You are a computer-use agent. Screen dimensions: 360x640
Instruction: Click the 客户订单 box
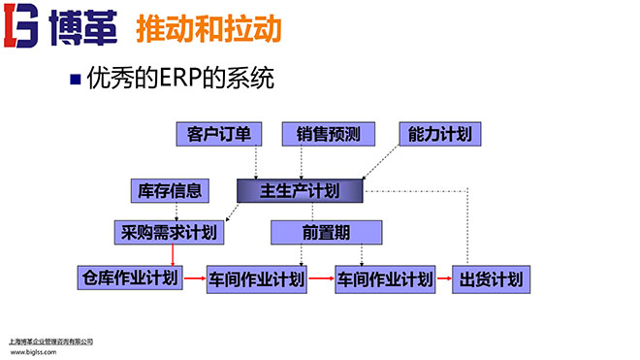tap(212, 134)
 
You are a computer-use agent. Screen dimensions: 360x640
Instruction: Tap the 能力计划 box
tap(439, 134)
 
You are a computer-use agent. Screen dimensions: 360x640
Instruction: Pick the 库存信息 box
tap(170, 189)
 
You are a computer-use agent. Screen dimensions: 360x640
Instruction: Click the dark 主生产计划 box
tap(300, 190)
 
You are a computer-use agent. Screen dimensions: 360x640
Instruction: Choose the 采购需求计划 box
tap(170, 232)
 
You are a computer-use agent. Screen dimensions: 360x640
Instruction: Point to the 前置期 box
tap(318, 232)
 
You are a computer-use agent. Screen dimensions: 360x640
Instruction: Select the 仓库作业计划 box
tap(128, 278)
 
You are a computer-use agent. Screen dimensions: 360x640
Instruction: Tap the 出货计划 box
tap(492, 279)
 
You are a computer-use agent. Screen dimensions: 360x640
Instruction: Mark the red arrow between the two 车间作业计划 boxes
tap(321, 279)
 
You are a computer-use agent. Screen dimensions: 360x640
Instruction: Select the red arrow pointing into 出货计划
tap(443, 279)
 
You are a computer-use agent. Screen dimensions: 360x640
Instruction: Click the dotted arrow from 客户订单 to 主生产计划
tap(256, 161)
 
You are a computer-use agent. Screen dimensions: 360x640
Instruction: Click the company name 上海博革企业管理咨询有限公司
tap(49, 342)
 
